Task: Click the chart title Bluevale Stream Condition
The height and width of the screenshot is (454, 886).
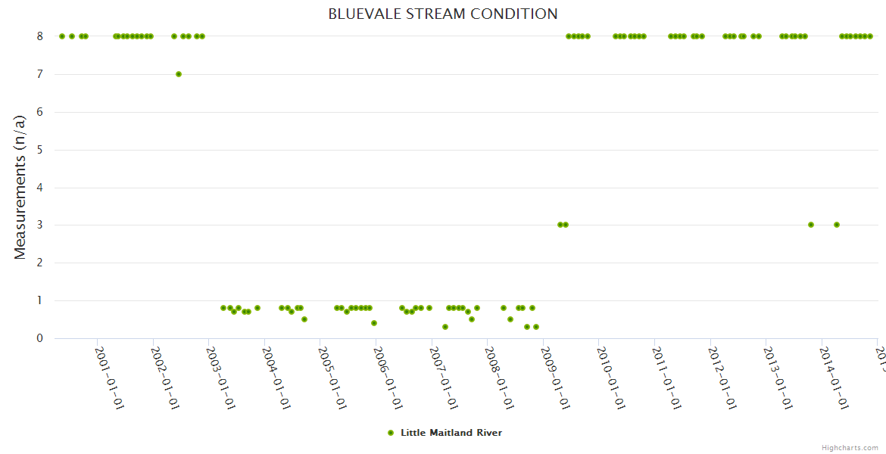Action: point(443,14)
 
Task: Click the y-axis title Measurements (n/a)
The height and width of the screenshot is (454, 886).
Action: point(20,186)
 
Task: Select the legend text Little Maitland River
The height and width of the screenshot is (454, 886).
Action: point(451,433)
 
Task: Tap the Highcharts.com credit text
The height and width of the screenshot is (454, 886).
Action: point(850,447)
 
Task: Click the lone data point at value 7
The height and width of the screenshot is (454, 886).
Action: point(179,74)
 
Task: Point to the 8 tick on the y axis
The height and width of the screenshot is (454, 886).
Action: point(39,36)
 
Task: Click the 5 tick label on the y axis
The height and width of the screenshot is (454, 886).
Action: point(39,150)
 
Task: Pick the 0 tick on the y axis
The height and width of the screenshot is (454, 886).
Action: point(39,338)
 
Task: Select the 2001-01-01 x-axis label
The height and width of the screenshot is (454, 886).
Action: point(110,378)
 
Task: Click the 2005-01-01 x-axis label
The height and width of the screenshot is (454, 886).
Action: point(332,378)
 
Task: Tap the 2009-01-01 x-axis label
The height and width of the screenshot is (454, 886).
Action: point(555,378)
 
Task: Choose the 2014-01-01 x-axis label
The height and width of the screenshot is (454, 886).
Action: point(833,378)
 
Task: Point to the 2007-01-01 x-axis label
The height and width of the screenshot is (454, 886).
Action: point(444,378)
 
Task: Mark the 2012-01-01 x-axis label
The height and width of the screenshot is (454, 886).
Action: point(722,378)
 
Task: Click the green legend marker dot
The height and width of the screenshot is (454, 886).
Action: point(391,433)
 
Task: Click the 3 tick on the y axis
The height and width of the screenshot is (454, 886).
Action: point(39,225)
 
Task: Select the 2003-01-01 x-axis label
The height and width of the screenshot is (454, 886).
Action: point(221,378)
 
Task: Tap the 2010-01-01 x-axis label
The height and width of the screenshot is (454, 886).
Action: point(610,378)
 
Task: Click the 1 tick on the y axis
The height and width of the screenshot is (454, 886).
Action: point(39,300)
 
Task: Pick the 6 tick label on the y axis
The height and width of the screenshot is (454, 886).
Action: point(39,112)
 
